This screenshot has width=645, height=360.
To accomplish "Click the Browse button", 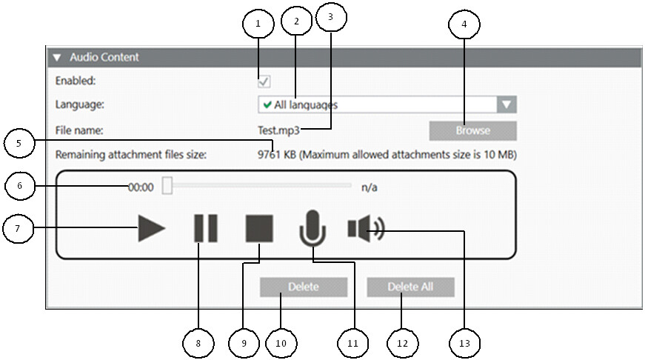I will click(472, 130).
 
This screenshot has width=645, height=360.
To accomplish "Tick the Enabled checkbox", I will click(264, 81).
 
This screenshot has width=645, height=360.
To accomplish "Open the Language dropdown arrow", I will click(506, 104).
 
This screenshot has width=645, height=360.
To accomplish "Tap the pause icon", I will click(205, 229).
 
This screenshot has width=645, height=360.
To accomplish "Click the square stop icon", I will click(260, 229).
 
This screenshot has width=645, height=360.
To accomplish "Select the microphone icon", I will click(313, 228).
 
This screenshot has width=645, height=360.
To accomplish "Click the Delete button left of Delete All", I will click(303, 287).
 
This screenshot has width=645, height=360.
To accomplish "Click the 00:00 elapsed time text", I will click(141, 187).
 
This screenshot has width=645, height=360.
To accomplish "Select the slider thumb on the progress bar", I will click(167, 187).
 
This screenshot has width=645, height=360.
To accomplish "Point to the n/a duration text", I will click(370, 187).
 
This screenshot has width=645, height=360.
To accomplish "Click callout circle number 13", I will click(464, 343).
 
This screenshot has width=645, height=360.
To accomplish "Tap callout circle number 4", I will click(464, 24).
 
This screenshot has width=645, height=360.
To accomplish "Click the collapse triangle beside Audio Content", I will click(56, 57).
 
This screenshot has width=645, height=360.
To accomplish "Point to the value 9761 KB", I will click(275, 155).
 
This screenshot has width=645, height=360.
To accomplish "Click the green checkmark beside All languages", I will click(267, 104).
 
